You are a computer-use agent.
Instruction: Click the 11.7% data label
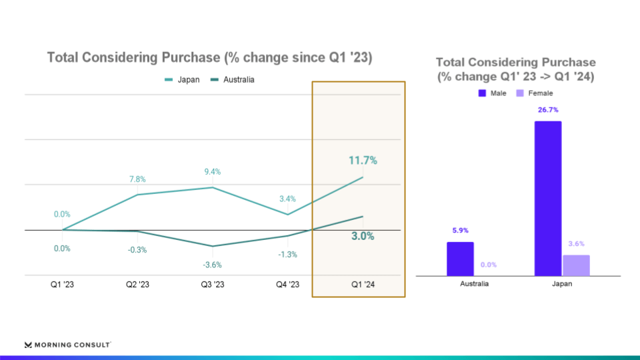tap(363, 160)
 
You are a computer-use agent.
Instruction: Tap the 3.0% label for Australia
tap(363, 236)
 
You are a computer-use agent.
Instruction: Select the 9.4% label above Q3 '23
tap(213, 171)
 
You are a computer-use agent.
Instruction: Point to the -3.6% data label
tap(213, 265)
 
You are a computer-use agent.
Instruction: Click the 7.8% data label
tap(137, 179)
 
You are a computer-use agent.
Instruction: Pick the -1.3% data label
tap(287, 255)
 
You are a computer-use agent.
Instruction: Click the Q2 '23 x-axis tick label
tap(137, 285)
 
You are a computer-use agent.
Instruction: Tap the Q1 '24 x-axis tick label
tap(363, 285)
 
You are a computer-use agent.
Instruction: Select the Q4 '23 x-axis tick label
tap(287, 285)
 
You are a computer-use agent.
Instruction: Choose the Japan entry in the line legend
tap(183, 80)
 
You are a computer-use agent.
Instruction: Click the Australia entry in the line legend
tap(233, 80)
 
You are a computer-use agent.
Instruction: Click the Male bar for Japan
tap(548, 198)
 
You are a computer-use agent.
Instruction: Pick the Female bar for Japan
tap(576, 265)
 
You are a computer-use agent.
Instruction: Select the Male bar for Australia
tap(460, 259)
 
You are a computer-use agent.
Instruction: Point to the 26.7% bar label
tap(548, 110)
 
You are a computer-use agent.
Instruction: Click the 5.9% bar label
tap(460, 231)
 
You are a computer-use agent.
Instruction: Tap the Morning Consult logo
tap(67, 345)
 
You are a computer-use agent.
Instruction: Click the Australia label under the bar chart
tap(475, 283)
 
